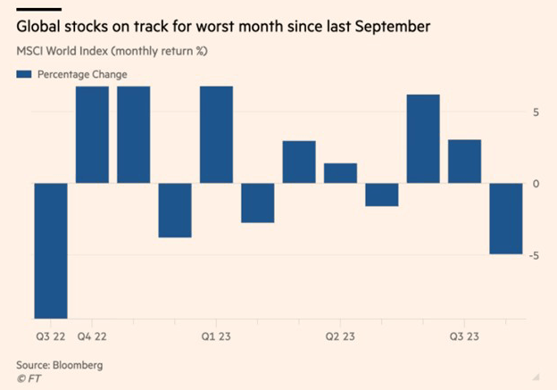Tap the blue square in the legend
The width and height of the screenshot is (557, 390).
pos(23,74)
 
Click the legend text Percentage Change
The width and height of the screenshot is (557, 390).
pos(81,74)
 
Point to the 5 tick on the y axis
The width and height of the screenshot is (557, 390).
pos(535,112)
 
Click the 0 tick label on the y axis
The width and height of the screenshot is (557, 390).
pos(535,183)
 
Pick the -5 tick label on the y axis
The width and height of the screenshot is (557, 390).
pos(532,255)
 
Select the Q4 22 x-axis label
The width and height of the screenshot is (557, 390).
pos(93,337)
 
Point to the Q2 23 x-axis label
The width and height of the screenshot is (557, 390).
pos(340,337)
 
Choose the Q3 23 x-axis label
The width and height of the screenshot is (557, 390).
pos(464,337)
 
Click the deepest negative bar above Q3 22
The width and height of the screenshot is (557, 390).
pos(51,250)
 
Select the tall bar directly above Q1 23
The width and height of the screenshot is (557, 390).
pos(216,134)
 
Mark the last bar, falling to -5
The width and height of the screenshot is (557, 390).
pos(505,219)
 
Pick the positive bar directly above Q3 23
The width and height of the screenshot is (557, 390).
pos(464,161)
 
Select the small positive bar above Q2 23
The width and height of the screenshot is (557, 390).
pos(340,173)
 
